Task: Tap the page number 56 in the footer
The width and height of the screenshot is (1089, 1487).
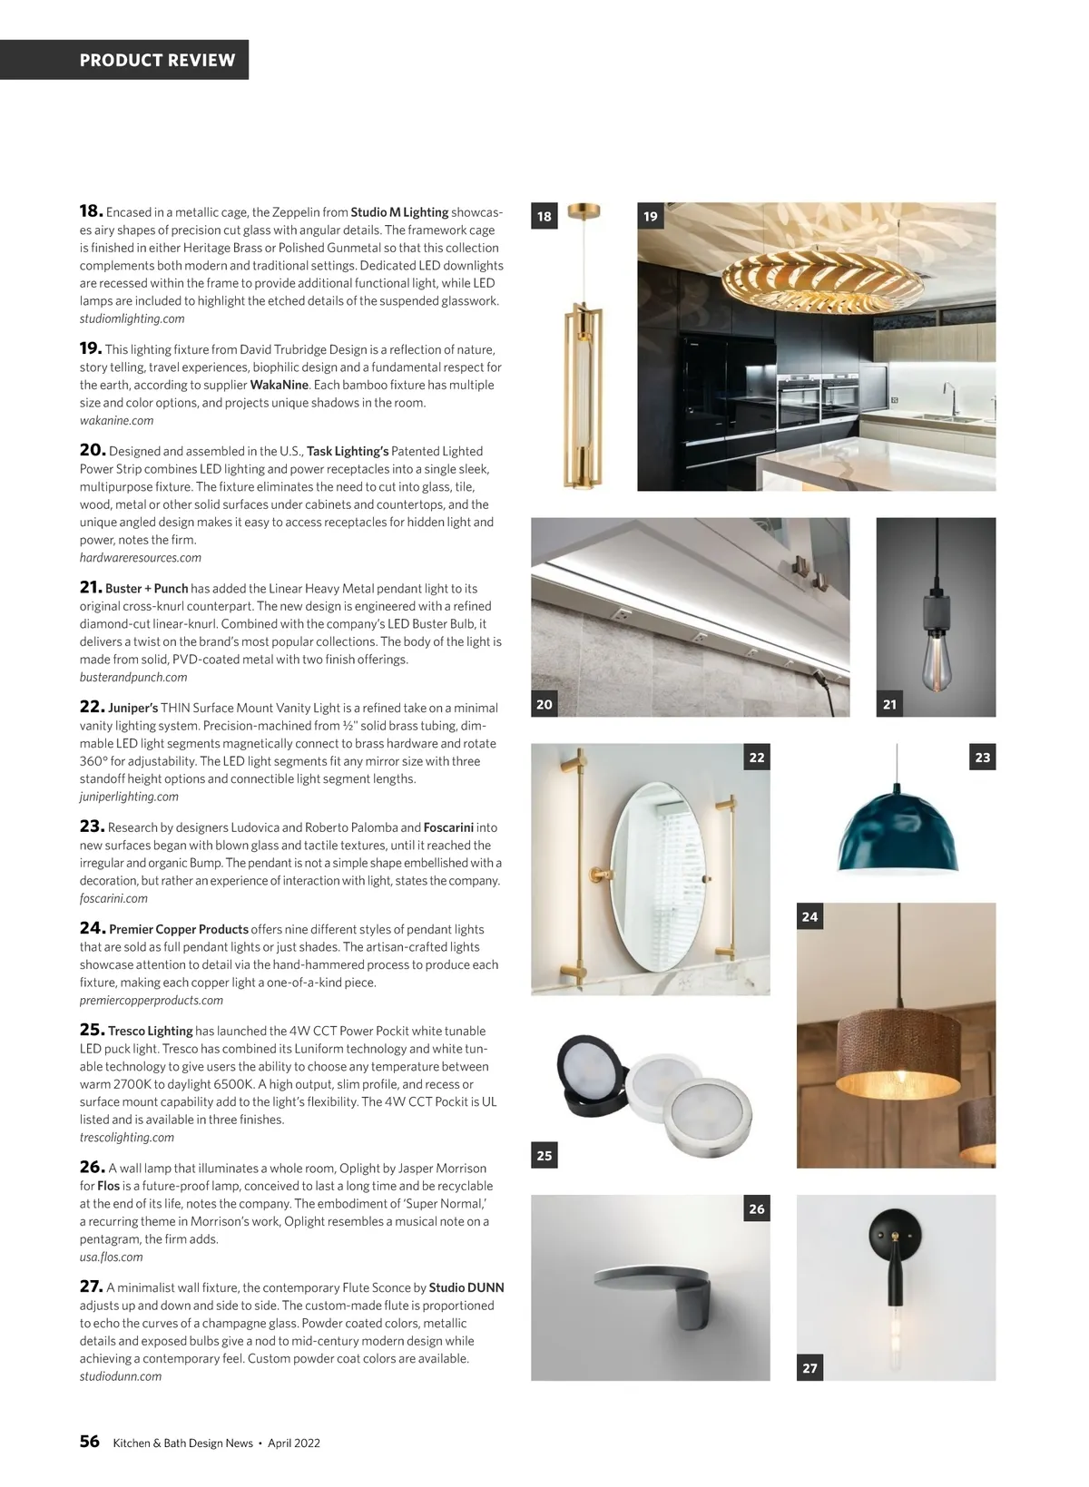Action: point(89,1442)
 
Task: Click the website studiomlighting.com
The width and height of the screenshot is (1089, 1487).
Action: point(132,318)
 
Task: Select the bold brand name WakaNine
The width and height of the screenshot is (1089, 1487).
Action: point(279,385)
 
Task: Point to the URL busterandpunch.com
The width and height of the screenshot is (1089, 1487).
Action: point(133,677)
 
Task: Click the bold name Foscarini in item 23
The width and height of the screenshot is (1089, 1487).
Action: point(448,827)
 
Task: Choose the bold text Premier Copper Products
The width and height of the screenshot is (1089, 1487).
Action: point(178,929)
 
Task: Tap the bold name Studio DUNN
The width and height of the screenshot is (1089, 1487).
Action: point(466,1287)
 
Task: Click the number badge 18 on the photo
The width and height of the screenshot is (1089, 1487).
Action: point(544,216)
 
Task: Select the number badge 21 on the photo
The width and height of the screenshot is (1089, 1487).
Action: point(889,704)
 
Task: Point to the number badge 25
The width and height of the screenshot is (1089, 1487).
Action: point(544,1155)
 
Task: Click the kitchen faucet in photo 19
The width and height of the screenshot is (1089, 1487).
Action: point(949,399)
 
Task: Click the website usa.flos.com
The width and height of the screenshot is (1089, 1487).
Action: point(111,1257)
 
